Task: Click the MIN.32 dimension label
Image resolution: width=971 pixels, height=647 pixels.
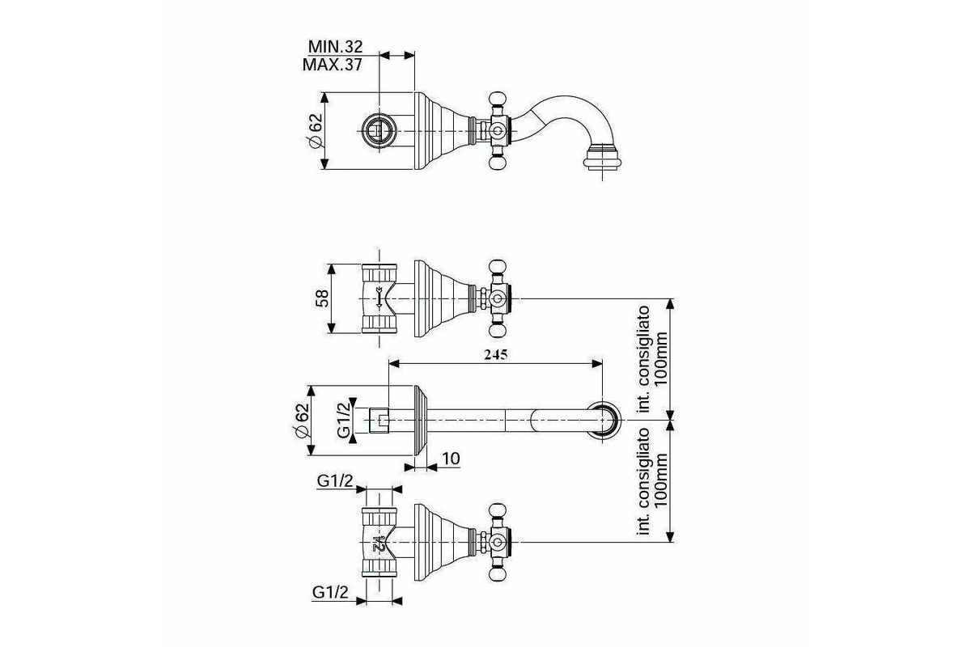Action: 334,47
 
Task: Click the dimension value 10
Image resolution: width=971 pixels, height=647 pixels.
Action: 451,459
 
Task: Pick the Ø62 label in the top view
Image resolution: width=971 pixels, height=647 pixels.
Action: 315,130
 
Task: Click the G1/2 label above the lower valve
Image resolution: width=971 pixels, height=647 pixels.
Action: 334,481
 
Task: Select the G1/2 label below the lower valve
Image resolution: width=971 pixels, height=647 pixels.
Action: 330,593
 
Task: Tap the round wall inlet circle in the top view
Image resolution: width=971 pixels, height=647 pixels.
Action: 378,130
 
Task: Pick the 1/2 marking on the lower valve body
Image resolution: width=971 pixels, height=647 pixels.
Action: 378,541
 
